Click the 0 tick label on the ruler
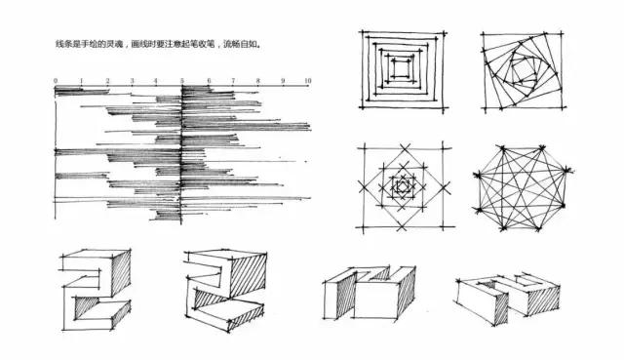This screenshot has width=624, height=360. [x=55, y=79]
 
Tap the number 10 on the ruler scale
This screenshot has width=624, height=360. [x=307, y=79]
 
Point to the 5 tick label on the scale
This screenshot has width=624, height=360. [x=181, y=79]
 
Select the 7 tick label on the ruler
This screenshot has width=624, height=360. [x=232, y=79]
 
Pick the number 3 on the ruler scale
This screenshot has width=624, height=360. [x=131, y=79]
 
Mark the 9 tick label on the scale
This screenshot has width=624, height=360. [x=283, y=79]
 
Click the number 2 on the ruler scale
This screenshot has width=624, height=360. [x=105, y=79]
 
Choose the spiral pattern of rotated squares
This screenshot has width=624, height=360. [x=525, y=70]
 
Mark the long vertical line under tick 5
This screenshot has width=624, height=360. [x=181, y=156]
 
